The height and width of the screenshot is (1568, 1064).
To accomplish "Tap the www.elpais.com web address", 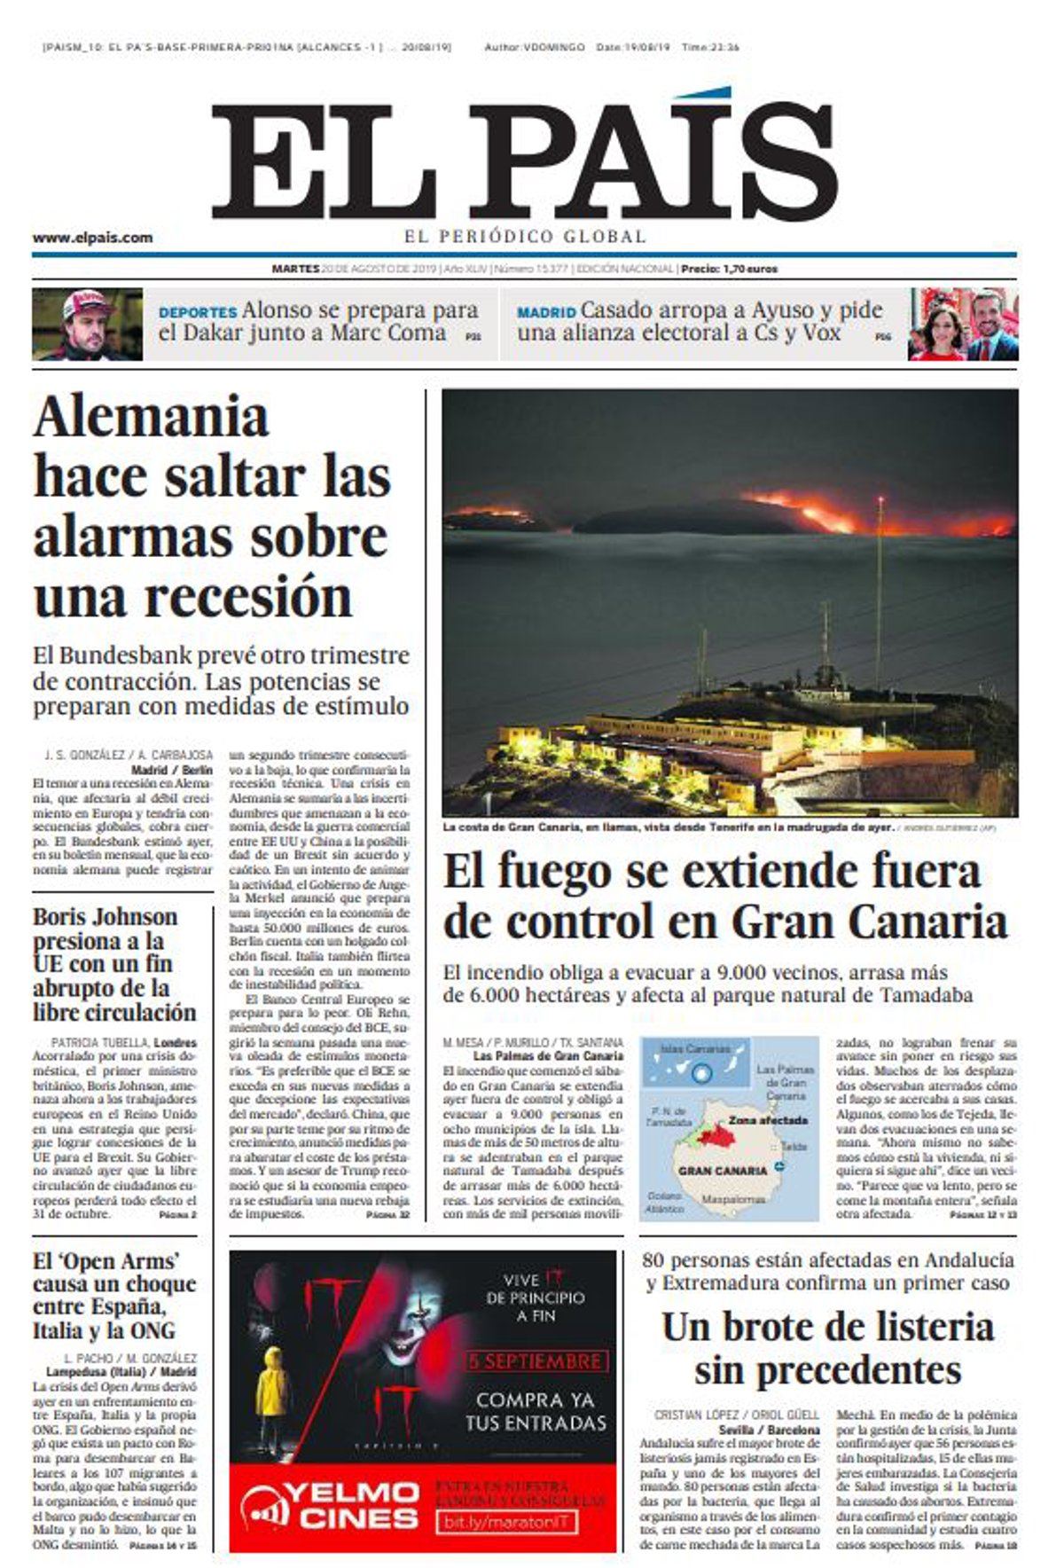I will click(92, 238).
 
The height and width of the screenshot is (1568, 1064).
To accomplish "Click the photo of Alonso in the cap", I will click(87, 324).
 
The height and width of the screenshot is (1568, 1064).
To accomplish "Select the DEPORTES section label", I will click(197, 313).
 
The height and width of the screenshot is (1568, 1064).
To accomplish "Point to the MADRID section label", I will click(546, 313).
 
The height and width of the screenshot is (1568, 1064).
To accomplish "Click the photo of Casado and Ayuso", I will click(963, 324).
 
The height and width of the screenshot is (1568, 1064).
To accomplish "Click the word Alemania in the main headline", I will click(151, 417).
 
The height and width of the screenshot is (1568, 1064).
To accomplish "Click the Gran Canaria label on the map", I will click(722, 1171).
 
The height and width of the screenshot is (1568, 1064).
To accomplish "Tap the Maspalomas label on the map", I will click(733, 1199).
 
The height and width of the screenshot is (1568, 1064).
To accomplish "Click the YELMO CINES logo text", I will click(330, 1505).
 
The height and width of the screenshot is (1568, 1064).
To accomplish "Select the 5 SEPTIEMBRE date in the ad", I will click(535, 1361).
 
